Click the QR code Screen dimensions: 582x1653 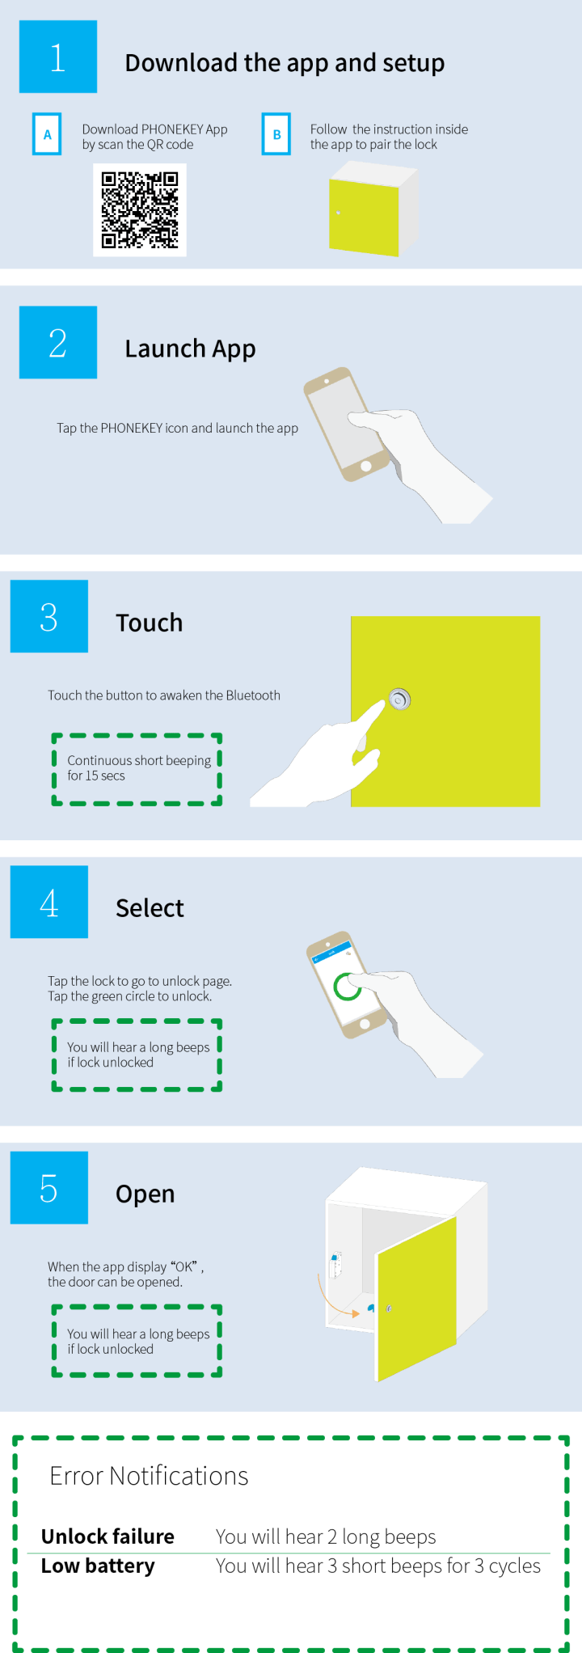(140, 209)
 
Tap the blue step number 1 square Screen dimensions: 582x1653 (58, 57)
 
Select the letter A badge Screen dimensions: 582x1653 (47, 134)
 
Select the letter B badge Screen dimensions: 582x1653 (276, 134)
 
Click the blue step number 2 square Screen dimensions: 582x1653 (58, 342)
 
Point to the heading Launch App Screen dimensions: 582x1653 (190, 349)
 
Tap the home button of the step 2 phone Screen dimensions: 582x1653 (366, 466)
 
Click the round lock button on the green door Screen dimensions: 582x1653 (399, 699)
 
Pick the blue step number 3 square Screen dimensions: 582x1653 (49, 616)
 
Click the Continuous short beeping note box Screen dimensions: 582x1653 (137, 769)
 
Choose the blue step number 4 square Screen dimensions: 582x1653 (49, 902)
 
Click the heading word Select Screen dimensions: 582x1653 (150, 908)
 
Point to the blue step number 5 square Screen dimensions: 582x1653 (49, 1187)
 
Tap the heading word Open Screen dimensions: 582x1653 (145, 1194)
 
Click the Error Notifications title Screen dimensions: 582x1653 (149, 1476)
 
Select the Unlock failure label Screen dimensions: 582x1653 (108, 1537)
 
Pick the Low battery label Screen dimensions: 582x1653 (98, 1566)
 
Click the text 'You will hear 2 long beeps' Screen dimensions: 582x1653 (326, 1537)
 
